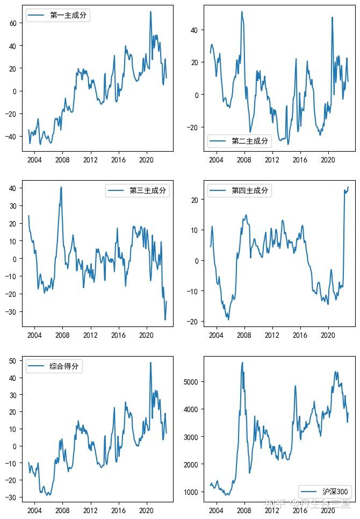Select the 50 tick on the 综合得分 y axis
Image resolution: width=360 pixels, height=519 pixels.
coord(15,361)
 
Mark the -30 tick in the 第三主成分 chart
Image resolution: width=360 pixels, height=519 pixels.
coord(11,312)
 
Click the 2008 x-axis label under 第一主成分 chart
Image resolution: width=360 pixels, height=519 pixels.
coord(62,160)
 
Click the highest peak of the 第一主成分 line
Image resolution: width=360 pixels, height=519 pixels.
coord(150,12)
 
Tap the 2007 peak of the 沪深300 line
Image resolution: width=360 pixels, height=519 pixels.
coord(242,362)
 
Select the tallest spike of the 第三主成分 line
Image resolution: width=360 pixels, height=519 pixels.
coord(61,187)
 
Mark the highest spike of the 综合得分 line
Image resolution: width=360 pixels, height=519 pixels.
coord(150,362)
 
